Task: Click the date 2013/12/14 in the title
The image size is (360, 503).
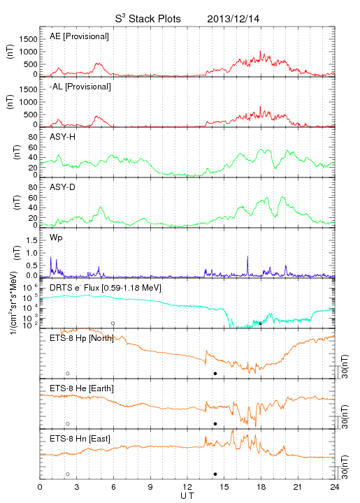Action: (x=233, y=19)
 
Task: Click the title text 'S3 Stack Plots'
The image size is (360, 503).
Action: (x=148, y=18)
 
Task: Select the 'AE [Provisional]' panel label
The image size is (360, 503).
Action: (x=79, y=36)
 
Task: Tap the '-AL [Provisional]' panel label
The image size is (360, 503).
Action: (x=80, y=87)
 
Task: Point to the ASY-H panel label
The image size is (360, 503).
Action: (x=63, y=137)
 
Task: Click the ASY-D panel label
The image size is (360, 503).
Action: (x=63, y=187)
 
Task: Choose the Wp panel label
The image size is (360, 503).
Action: (x=56, y=238)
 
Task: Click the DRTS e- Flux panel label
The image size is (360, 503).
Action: (x=106, y=288)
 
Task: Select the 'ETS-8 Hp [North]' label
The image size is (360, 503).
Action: (x=82, y=338)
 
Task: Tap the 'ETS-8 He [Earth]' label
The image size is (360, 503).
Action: (x=82, y=388)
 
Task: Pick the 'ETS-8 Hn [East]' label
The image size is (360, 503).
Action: (x=80, y=439)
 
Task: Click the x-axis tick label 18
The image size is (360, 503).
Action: (x=261, y=487)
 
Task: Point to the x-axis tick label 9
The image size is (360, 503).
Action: (x=150, y=487)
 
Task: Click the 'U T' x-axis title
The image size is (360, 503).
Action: (x=187, y=496)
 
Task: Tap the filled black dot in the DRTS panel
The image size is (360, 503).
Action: (x=260, y=323)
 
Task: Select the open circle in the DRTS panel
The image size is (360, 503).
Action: (x=113, y=323)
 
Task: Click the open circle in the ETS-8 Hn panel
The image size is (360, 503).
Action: (x=68, y=474)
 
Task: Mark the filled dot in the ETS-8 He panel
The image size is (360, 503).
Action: (x=215, y=424)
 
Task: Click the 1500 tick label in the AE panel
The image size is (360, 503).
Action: (x=28, y=39)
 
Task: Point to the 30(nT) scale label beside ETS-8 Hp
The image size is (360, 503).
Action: (x=345, y=366)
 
